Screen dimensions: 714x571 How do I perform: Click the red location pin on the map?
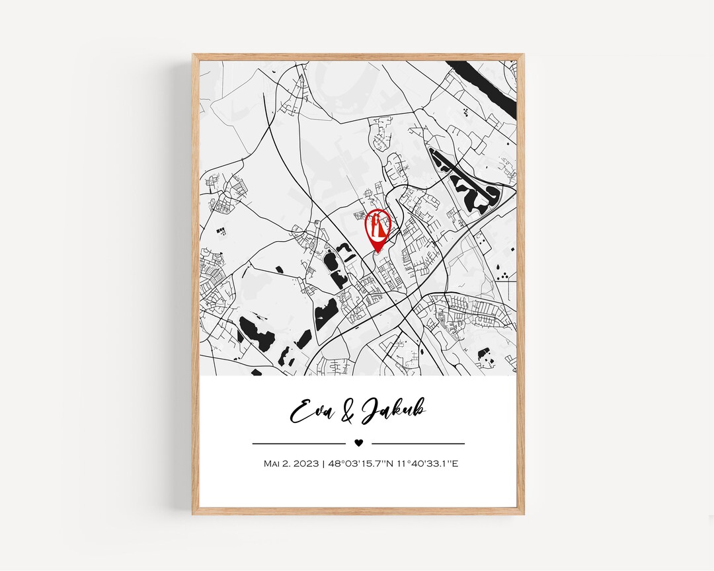click(x=377, y=228)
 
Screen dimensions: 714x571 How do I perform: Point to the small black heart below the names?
click(x=358, y=443)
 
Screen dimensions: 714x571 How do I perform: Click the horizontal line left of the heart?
click(x=299, y=443)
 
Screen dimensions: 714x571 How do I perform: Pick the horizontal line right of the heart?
click(x=418, y=443)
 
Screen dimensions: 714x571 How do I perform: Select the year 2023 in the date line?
click(x=306, y=463)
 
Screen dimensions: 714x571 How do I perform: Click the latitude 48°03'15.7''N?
click(x=357, y=463)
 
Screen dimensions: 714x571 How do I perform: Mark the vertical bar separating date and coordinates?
click(x=323, y=463)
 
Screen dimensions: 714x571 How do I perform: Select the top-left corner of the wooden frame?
click(x=194, y=56)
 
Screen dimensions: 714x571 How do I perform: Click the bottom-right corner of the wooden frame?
click(x=523, y=514)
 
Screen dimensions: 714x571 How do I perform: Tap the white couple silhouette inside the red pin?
click(x=377, y=225)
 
